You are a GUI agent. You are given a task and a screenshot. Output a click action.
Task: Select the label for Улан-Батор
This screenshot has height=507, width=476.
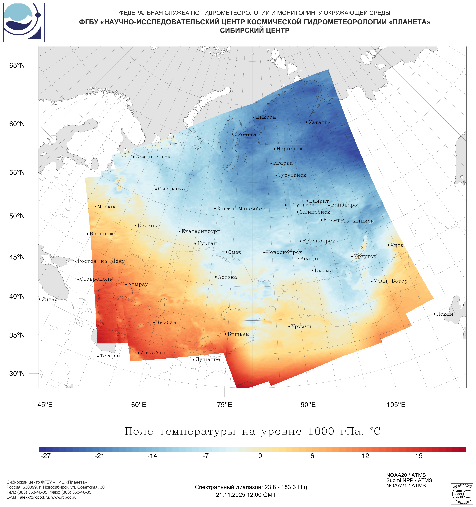[390, 281]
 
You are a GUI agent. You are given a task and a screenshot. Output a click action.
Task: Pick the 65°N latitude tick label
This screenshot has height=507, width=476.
[17, 66]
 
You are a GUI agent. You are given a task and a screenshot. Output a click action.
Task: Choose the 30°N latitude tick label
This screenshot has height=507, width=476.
[17, 374]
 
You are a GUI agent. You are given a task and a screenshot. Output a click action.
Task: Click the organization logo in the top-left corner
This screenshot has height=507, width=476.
[24, 22]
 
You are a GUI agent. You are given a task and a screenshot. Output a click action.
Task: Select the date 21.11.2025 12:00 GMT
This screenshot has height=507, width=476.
[246, 495]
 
